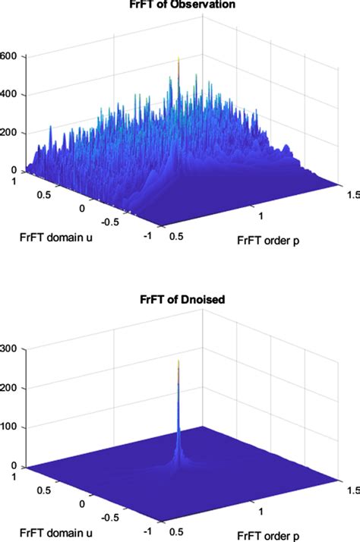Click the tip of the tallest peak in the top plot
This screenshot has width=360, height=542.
(178, 58)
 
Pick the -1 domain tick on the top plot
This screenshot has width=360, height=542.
(147, 237)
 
